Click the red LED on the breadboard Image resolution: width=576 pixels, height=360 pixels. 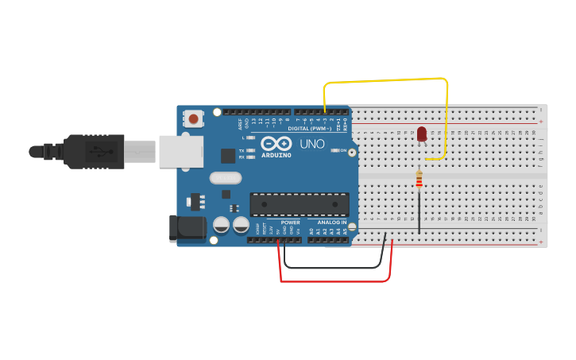422,134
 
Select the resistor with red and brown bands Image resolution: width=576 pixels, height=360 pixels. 419,181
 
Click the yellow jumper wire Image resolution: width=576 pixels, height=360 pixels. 385,80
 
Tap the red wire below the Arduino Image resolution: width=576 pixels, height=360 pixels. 334,281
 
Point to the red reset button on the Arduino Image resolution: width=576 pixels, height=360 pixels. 193,119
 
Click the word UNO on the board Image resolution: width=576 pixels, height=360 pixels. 311,144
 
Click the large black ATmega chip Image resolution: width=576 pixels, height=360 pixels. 300,204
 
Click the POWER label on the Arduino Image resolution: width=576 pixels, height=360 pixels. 290,223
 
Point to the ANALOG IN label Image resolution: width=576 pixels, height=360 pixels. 333,223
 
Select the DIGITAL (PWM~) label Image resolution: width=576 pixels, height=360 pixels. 309,128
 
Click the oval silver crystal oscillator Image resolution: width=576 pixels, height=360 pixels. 225,178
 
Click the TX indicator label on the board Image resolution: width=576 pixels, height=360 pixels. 242,150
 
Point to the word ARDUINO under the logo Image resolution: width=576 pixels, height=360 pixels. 276,155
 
